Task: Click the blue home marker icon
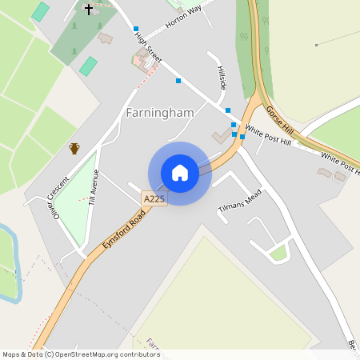coord(180,173)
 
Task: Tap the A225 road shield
coord(154,198)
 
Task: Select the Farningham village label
coord(160,113)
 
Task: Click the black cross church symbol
coord(88,9)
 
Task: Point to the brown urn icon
coord(74,148)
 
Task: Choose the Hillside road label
coord(222,78)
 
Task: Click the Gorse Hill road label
coord(280,121)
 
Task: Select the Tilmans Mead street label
coord(240,202)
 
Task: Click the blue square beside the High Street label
coord(136,29)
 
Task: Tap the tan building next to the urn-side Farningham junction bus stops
coord(220,137)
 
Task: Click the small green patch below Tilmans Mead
coord(278,254)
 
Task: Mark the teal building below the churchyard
coord(88,66)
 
